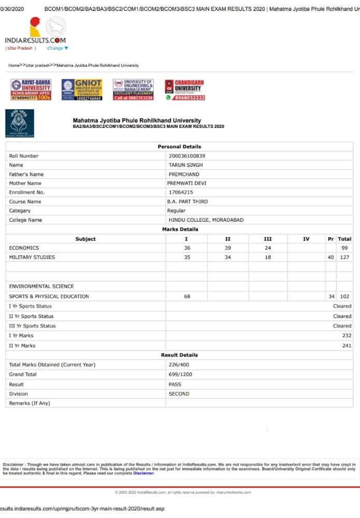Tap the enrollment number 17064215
click(181, 192)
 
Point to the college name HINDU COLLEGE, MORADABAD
click(206, 220)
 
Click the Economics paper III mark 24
click(267, 248)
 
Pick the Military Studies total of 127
click(344, 257)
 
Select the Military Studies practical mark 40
click(330, 257)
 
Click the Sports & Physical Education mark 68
click(186, 297)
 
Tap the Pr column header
click(330, 239)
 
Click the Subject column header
click(85, 239)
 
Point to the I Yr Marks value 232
click(347, 336)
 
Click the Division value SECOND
click(179, 394)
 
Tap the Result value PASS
click(175, 384)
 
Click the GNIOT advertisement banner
click(81, 90)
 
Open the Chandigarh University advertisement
click(185, 90)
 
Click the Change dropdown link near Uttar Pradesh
click(57, 48)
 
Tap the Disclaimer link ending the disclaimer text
click(143, 473)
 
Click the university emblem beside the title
click(20, 123)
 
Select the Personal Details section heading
click(179, 147)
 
